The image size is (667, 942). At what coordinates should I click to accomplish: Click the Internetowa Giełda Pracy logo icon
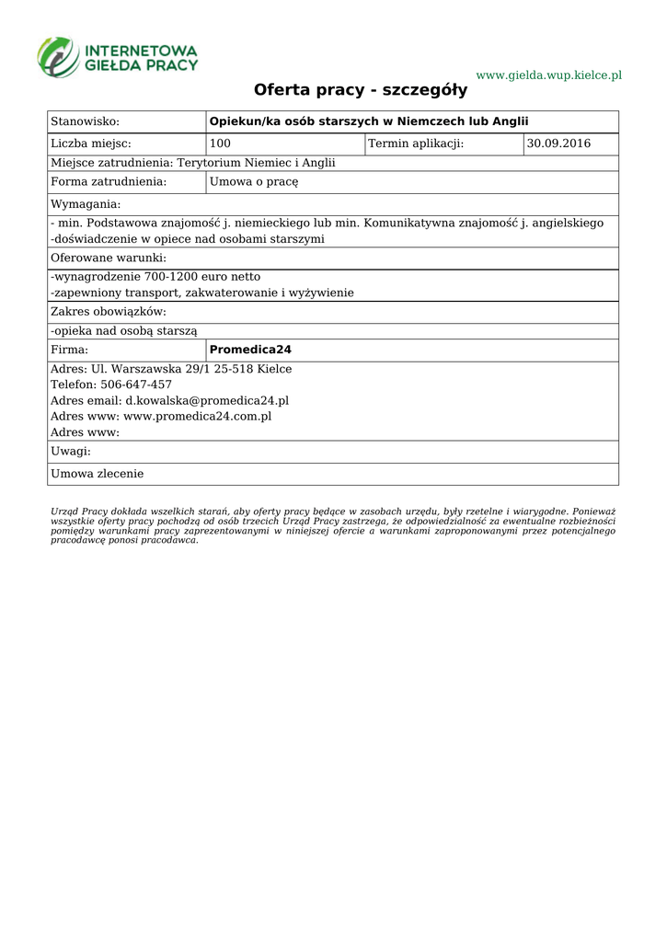[58, 56]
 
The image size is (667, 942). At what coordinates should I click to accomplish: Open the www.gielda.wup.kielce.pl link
[548, 75]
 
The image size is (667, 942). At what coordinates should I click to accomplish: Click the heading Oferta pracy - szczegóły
[361, 90]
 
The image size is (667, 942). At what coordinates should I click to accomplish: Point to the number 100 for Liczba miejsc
[221, 144]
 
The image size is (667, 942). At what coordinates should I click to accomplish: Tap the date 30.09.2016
[558, 144]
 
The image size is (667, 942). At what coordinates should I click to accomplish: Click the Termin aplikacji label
[416, 144]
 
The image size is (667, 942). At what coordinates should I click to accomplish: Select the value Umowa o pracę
[255, 181]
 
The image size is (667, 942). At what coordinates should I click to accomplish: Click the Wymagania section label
[86, 203]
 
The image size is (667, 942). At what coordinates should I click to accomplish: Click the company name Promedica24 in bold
[250, 350]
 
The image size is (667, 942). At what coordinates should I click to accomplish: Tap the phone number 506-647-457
[136, 385]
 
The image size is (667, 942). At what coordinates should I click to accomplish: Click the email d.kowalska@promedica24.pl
[207, 401]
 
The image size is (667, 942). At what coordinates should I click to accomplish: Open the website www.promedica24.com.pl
[197, 417]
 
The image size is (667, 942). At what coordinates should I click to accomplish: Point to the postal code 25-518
[234, 369]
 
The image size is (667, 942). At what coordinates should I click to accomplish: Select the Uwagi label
[71, 452]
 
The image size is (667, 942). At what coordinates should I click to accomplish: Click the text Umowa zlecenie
[97, 474]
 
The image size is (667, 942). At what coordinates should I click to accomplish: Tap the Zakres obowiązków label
[109, 312]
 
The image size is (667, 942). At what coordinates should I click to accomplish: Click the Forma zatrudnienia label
[109, 181]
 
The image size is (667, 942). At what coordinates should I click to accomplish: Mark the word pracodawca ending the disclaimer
[169, 540]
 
